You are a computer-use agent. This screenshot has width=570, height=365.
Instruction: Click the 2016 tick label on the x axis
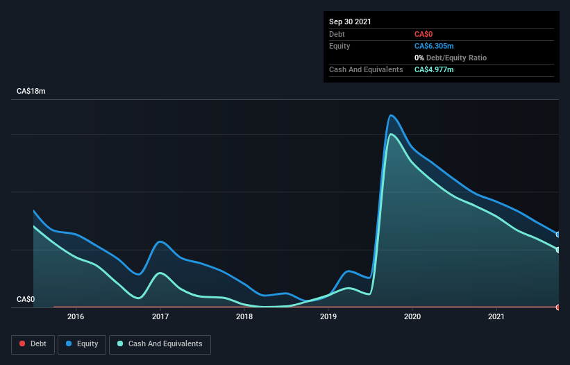[x=76, y=317]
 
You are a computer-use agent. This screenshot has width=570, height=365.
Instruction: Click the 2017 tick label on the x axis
[x=160, y=317]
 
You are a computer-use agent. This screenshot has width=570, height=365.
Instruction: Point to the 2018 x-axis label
[x=244, y=317]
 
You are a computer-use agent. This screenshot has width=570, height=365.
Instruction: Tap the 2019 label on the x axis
[x=328, y=317]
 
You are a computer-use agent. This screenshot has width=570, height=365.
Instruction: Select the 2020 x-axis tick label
[x=412, y=317]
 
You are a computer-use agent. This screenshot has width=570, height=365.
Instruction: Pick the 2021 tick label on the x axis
[x=496, y=317]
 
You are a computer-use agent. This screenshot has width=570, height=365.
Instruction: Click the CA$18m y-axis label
[x=31, y=92]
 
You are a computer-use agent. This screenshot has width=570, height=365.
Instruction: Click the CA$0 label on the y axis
[x=26, y=300]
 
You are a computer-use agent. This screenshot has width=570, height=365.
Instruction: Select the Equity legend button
[x=82, y=344]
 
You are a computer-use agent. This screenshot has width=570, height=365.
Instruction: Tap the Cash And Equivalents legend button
[x=160, y=344]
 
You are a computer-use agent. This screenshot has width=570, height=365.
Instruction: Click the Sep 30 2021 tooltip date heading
[x=350, y=22]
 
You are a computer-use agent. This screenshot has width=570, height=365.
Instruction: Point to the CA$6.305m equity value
[x=434, y=46]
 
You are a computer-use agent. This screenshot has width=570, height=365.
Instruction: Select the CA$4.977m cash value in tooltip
[x=434, y=69]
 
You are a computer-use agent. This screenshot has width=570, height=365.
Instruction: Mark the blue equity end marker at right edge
[x=558, y=235]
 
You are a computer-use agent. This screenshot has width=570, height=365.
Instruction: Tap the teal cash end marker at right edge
[x=558, y=250]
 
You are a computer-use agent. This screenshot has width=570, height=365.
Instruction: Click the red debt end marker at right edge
[x=558, y=307]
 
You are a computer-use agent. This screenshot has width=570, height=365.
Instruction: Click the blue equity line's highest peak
[x=392, y=115]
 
